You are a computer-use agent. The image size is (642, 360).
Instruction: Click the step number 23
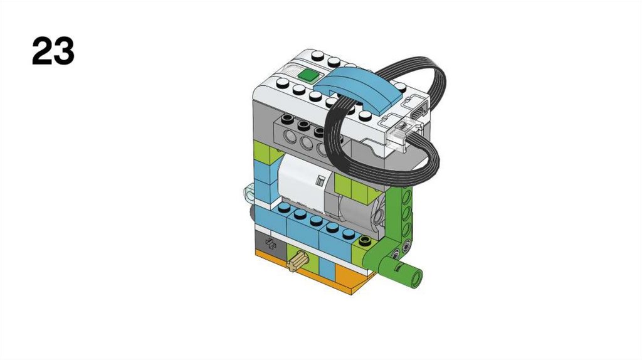[53, 51]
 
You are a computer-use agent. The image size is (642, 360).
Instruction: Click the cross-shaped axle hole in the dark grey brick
[271, 244]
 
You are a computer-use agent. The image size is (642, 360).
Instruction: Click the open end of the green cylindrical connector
[417, 278]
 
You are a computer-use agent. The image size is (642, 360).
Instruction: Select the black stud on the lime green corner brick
[364, 240]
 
